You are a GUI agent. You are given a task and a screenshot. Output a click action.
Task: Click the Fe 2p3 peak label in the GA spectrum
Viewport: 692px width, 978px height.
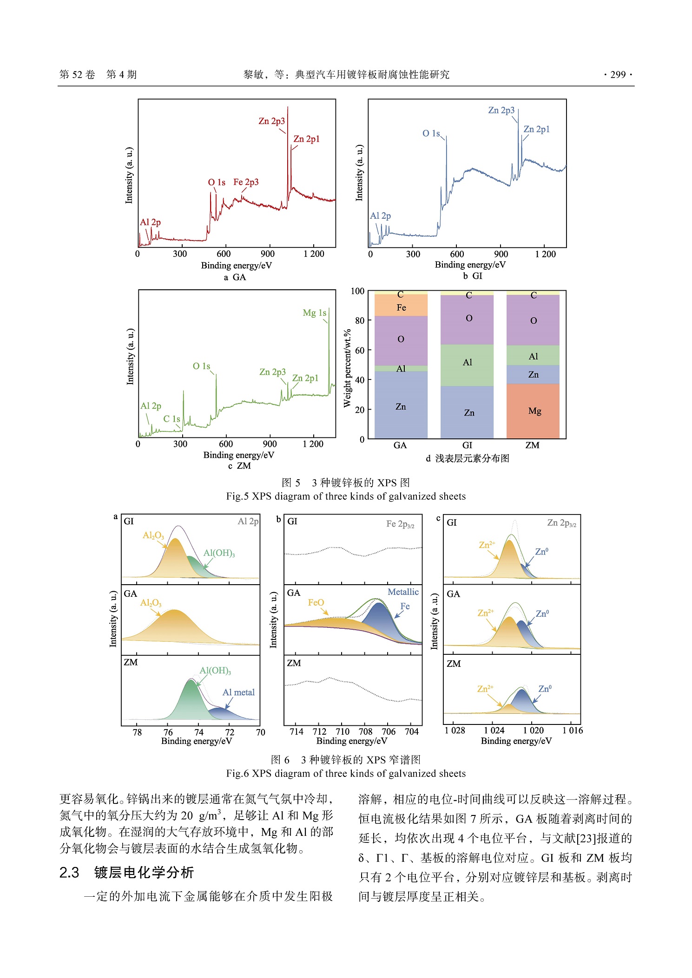coord(246,182)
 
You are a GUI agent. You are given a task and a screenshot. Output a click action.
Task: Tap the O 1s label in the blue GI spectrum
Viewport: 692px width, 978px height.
coord(431,134)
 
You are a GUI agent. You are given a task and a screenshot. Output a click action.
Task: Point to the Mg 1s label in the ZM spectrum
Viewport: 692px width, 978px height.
coord(314,313)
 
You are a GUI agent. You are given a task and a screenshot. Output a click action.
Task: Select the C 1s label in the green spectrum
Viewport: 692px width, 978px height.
coord(171,419)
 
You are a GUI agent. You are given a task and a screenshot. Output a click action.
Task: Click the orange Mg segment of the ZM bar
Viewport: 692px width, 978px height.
coord(533,411)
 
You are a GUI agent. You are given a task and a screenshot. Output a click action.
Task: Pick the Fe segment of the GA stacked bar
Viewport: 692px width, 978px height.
coord(401,307)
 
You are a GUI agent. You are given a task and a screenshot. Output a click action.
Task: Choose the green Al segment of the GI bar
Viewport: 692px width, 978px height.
coord(467,363)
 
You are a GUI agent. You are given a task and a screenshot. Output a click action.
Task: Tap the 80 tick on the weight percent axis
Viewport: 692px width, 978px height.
coord(360,320)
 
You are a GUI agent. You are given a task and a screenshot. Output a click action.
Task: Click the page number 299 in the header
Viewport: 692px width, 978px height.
coord(618,75)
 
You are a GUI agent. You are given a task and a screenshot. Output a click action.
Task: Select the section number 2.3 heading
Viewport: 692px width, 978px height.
coord(69,873)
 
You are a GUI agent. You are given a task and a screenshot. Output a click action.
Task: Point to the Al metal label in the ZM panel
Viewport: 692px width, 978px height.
coord(238,692)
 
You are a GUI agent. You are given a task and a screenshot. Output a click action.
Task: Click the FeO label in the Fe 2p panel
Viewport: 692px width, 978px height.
coord(316,603)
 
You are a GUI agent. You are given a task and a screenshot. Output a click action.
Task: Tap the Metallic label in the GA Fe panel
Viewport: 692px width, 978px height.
coord(403,592)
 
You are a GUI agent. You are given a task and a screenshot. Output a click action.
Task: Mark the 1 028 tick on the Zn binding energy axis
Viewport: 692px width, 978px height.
coord(455,730)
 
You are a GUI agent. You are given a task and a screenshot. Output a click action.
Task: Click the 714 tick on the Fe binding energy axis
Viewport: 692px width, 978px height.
coord(297,732)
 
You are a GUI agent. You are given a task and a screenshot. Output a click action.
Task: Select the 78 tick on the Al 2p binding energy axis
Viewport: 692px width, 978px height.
coord(137,732)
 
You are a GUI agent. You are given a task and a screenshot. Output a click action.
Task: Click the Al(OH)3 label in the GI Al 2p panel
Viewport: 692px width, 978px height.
coord(219,553)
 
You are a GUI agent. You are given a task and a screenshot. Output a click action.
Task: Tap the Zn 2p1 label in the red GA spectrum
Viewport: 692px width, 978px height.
coord(306,139)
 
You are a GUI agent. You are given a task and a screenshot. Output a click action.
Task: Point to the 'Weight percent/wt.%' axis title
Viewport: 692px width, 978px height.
coord(347,368)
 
